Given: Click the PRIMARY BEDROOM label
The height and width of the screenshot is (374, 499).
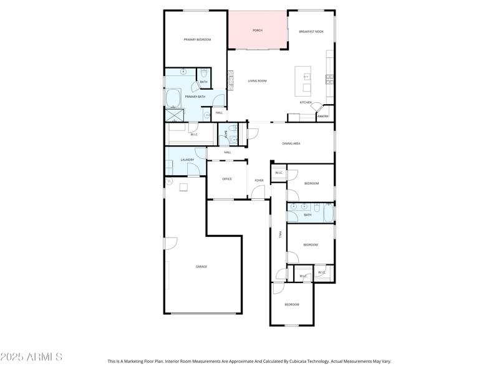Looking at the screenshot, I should tap(197, 40).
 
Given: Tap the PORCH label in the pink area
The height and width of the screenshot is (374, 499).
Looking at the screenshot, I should tap(257, 31).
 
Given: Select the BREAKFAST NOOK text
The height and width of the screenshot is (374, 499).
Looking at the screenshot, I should tap(311, 32).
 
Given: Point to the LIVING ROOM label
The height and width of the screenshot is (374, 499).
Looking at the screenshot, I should tap(257, 81).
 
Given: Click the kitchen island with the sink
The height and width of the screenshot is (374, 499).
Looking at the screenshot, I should tap(303, 80).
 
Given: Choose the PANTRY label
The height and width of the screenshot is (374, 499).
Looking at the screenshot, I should tap(322, 116).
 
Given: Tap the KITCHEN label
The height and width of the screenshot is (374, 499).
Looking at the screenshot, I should tap(306, 102).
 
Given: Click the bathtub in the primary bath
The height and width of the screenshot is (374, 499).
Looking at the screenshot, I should tap(173, 98).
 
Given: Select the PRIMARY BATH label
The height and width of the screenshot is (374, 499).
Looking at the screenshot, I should tap(195, 97).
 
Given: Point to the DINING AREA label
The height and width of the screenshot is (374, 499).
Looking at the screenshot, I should tap(291, 144).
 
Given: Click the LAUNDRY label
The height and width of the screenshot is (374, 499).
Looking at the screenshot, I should tap(187, 160).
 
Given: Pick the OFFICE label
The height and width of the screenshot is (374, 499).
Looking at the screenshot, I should tap(227, 180).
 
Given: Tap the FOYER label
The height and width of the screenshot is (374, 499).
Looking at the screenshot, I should tap(259, 181).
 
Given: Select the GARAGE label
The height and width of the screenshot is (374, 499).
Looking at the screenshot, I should tap(201, 267).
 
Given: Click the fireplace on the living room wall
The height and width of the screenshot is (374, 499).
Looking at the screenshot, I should tap(230, 80).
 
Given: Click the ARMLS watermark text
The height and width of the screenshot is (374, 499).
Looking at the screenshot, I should tap(31, 357).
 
